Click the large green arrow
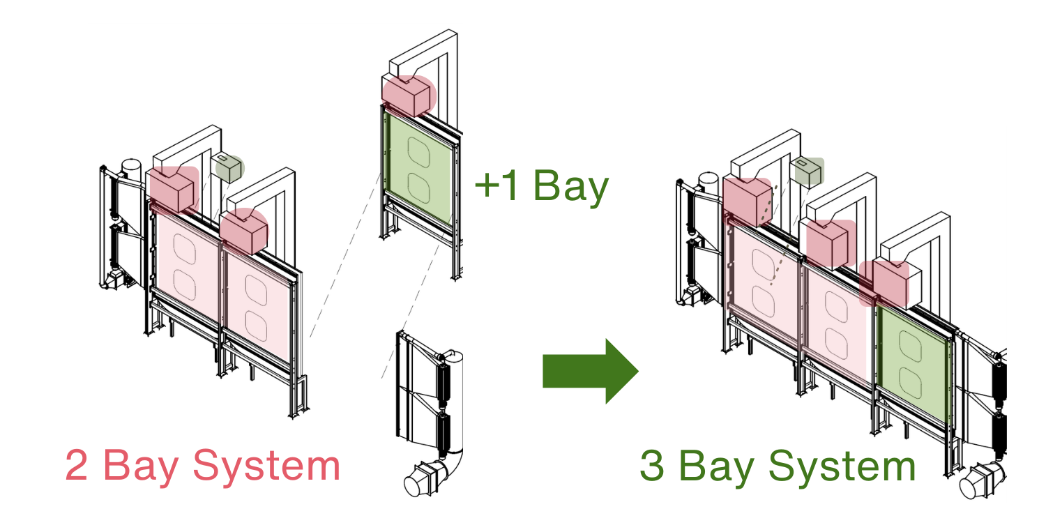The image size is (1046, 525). click(x=589, y=371)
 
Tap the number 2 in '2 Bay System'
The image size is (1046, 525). click(x=76, y=465)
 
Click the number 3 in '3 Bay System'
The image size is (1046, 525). click(x=652, y=466)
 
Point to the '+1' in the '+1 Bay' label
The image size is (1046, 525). click(x=496, y=187)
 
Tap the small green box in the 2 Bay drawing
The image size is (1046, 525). click(x=229, y=168)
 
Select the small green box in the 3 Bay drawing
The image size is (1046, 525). click(x=808, y=172)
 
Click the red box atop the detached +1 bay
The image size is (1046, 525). click(x=408, y=95)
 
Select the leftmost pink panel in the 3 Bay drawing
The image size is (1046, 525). click(x=764, y=286)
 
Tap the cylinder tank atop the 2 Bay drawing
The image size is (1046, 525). click(x=131, y=168)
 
